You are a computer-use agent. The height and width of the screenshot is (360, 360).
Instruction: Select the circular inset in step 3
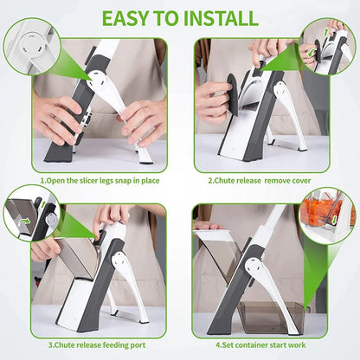click(31, 213)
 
